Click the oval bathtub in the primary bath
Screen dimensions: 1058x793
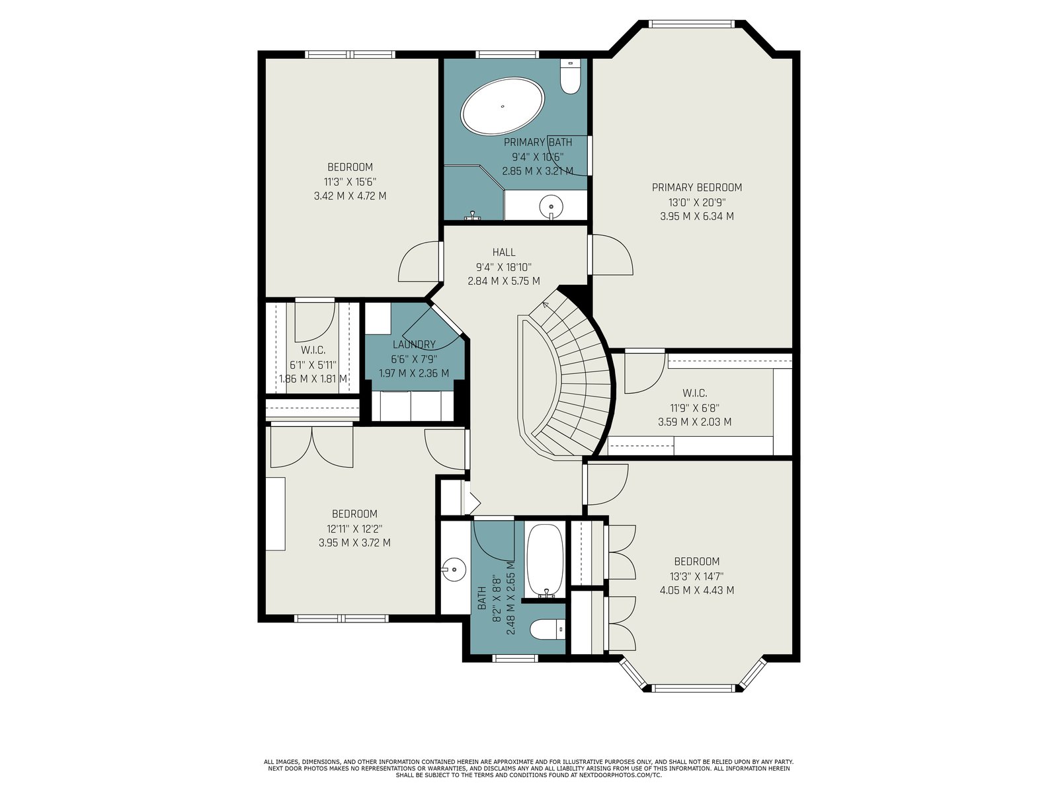coord(503,106)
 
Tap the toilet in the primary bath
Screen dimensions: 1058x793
coord(570,76)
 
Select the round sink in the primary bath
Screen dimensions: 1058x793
coord(551,207)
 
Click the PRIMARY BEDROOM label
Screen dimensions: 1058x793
coord(696,187)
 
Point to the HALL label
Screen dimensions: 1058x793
coord(504,252)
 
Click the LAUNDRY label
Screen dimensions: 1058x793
coord(414,344)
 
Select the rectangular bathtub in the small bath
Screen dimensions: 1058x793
coord(545,561)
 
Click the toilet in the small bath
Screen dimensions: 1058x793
coord(548,629)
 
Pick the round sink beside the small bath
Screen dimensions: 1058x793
coord(454,570)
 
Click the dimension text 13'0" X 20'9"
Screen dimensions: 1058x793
coord(696,202)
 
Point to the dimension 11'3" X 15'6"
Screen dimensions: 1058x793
coord(350,182)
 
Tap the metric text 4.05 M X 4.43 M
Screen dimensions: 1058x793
coord(697,590)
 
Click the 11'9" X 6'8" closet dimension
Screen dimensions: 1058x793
coord(694,408)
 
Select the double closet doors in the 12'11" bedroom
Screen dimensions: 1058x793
coord(312,447)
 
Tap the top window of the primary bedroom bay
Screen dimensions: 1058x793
coord(691,24)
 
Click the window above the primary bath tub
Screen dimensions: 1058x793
coord(508,54)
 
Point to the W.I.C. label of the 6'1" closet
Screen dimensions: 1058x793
coord(313,350)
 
